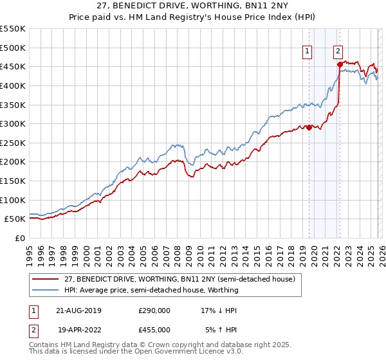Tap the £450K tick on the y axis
pyautogui.click(x=13, y=66)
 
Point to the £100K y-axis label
pyautogui.click(x=13, y=200)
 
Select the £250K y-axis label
pyautogui.click(x=13, y=143)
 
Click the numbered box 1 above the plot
pyautogui.click(x=308, y=53)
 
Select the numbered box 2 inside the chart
pyautogui.click(x=338, y=53)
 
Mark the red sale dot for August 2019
pyautogui.click(x=309, y=127)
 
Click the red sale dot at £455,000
pyautogui.click(x=339, y=64)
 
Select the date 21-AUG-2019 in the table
pyautogui.click(x=79, y=310)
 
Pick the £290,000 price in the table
pyautogui.click(x=154, y=310)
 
